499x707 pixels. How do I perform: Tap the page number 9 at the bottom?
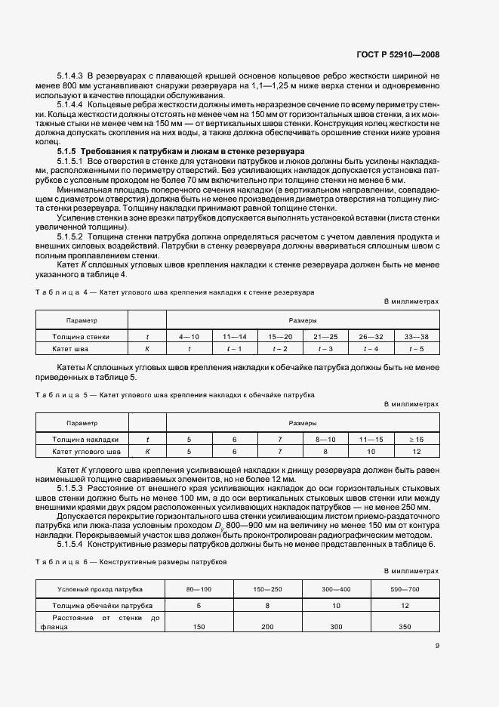pos(437,645)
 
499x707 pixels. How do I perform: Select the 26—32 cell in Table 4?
pos(371,336)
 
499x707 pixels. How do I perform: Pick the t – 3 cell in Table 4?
pos(325,349)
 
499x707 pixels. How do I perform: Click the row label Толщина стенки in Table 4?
pos(82,336)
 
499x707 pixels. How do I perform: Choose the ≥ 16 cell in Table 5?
pos(416,439)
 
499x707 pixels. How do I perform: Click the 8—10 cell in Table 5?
pos(325,439)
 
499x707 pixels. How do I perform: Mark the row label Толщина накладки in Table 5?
pos(85,439)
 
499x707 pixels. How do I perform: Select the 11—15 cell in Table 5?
pos(371,439)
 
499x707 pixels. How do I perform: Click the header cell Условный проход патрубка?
pos(100,589)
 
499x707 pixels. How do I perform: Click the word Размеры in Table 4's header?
pos(303,320)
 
